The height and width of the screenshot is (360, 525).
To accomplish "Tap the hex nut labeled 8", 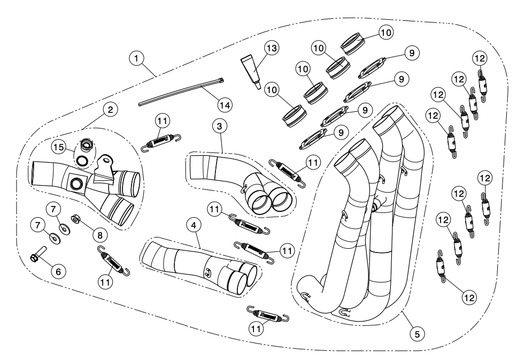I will click(x=76, y=219).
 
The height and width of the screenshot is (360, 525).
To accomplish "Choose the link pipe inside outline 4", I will click(x=198, y=262).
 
